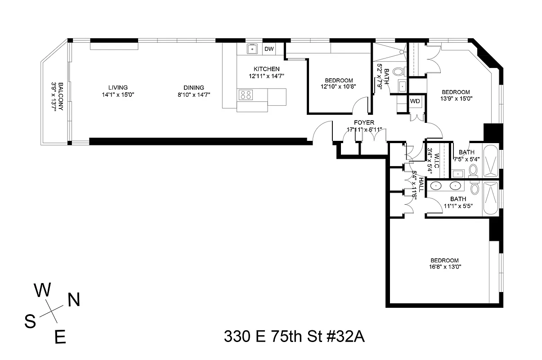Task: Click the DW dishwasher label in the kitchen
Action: [x=269, y=49]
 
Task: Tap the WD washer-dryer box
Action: [x=415, y=101]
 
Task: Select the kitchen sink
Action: [x=252, y=49]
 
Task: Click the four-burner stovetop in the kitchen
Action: [x=246, y=94]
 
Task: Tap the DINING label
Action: [x=193, y=88]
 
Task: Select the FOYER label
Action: [x=364, y=122]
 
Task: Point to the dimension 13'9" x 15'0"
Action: [x=456, y=98]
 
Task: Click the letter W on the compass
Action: [x=43, y=291]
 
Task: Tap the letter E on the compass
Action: [x=60, y=337]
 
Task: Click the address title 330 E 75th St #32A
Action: [x=294, y=337]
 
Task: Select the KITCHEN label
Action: [x=266, y=69]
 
